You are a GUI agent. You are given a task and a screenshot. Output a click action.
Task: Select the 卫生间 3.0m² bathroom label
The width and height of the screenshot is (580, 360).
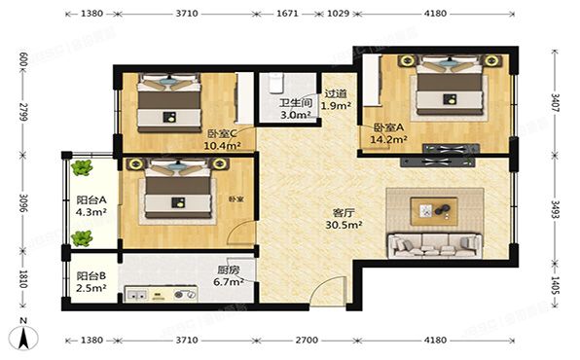[x=294, y=108]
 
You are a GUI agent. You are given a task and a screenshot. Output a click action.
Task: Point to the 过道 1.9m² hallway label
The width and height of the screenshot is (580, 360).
[x=337, y=99]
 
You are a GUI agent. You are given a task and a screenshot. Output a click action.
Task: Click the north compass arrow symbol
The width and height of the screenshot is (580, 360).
[x=23, y=337]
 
